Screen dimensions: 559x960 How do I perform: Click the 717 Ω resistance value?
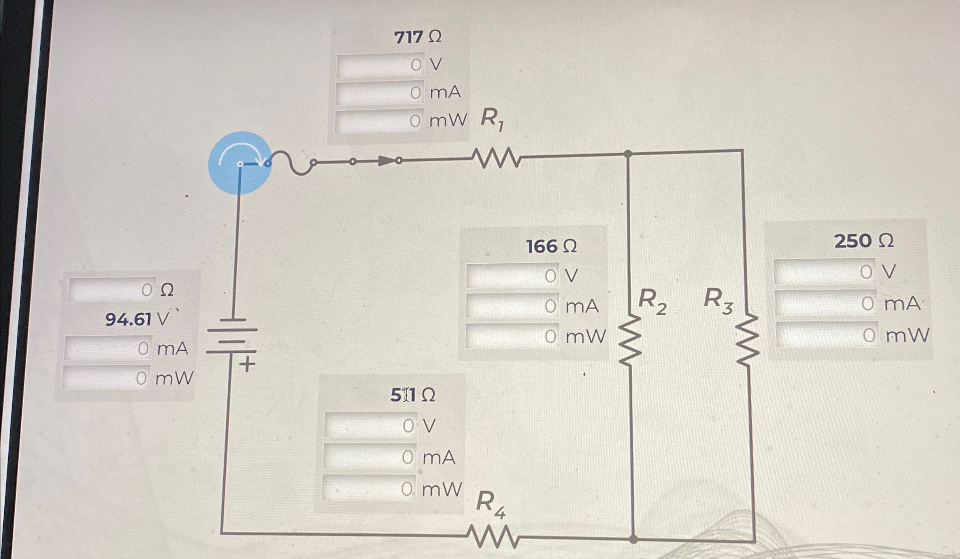point(417,37)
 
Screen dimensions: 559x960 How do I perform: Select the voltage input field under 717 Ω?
point(380,65)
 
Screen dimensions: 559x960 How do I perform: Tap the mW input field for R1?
point(379,121)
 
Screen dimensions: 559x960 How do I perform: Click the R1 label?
point(492,119)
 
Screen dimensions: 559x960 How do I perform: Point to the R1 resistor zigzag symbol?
point(497,158)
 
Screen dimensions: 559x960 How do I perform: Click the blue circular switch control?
point(240,163)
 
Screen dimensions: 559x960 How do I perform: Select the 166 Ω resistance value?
point(551,247)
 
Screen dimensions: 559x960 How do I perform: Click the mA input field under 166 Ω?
point(512,306)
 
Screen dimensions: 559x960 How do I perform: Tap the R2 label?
point(652,301)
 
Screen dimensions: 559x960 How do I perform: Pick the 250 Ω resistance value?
point(864,241)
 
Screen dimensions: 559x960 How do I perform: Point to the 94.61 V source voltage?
point(137,319)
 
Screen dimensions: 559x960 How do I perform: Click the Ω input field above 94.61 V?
point(112,290)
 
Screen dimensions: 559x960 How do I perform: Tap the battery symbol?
point(232,336)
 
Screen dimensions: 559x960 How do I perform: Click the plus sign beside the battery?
point(247,364)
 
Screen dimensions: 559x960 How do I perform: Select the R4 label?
point(490,504)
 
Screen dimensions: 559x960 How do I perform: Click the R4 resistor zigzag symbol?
point(492,536)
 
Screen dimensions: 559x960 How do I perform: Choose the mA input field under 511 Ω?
point(370,457)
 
